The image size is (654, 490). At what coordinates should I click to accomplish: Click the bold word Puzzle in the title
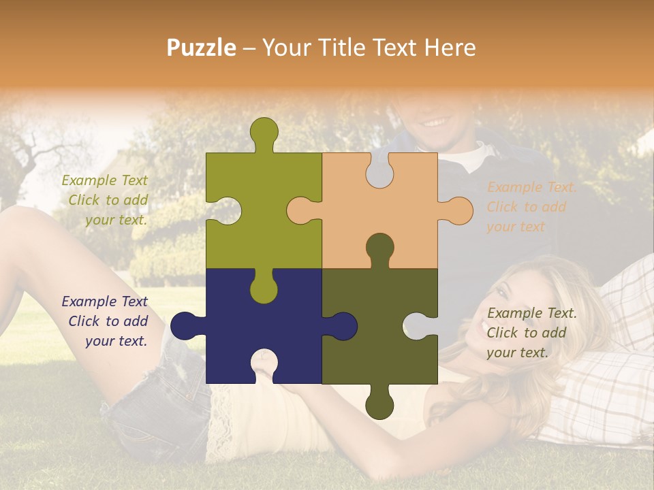[202, 48]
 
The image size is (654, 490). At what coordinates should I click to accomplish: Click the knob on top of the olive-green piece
[264, 133]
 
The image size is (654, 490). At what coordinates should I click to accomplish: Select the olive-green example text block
[106, 200]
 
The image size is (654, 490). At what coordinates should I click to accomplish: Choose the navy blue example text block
[106, 321]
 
